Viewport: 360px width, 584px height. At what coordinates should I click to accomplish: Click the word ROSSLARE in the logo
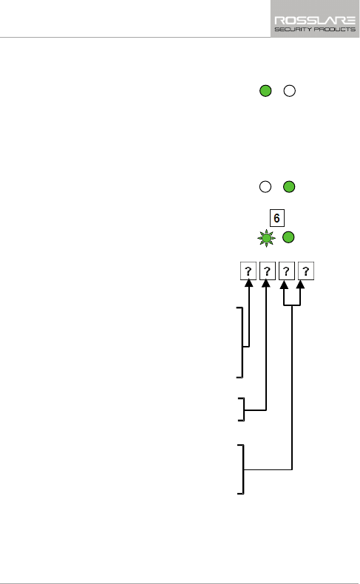click(315, 20)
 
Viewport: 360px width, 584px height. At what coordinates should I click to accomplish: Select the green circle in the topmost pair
click(265, 91)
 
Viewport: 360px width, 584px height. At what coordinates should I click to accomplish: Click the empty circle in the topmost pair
click(290, 91)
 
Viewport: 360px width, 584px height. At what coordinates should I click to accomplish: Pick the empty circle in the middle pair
click(265, 186)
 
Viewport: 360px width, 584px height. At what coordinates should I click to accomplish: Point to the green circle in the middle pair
click(289, 186)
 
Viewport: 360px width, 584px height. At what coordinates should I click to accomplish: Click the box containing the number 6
click(277, 218)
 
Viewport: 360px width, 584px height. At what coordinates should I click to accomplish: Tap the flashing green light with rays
click(267, 238)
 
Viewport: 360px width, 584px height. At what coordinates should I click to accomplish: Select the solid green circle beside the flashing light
click(288, 237)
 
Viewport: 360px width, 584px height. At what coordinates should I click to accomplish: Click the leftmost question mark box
click(248, 271)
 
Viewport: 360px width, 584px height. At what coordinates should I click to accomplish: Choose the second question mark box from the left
click(268, 271)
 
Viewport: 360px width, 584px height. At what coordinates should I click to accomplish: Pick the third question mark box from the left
click(286, 271)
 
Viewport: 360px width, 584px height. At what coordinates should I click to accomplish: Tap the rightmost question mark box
click(305, 271)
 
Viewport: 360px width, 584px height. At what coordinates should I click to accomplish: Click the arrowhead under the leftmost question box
click(248, 283)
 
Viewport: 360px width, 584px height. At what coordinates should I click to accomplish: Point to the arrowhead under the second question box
click(266, 283)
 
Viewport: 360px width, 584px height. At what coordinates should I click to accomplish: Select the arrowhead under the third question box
click(284, 285)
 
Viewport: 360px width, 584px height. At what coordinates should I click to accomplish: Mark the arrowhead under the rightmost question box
click(300, 285)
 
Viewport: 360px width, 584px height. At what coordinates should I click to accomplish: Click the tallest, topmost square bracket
click(242, 342)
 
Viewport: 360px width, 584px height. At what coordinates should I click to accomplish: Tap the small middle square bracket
click(244, 410)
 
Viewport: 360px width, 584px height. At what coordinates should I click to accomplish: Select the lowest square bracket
click(243, 469)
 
